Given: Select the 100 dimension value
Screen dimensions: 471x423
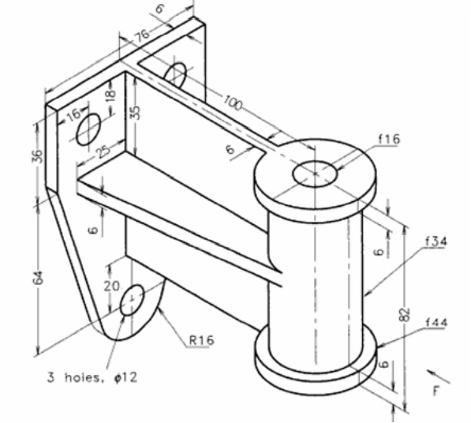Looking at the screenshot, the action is [x=233, y=103].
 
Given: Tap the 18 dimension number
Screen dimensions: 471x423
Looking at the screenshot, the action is [x=110, y=95].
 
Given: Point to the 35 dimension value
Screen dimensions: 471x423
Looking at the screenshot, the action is [x=136, y=112].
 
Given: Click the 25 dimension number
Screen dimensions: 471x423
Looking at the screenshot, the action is [x=103, y=152].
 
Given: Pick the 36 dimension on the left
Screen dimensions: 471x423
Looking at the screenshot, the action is [x=37, y=155].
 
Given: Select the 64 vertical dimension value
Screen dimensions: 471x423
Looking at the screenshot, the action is [x=38, y=278].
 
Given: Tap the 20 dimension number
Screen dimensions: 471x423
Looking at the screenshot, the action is [x=112, y=286].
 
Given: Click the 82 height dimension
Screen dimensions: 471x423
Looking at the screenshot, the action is [x=406, y=315].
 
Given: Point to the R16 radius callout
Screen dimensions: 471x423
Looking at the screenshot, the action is [x=201, y=340].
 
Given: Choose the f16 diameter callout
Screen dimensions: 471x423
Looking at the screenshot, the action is [x=389, y=139].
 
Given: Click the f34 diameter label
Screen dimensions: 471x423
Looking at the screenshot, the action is [x=436, y=241].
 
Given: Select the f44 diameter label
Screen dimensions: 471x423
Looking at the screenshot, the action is [x=437, y=322].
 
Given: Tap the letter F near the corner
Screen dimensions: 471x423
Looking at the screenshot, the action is [x=436, y=391].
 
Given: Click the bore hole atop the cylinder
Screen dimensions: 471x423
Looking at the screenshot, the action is [x=315, y=174].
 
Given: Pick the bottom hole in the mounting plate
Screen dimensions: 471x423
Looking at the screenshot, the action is [x=132, y=301].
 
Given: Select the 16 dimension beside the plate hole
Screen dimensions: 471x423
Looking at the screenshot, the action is [x=73, y=114].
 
